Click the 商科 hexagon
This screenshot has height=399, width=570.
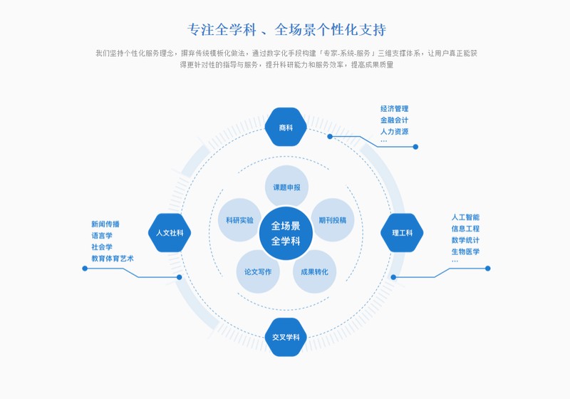click(286, 128)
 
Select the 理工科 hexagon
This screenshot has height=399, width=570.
click(402, 232)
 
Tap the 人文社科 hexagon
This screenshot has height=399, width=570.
click(170, 232)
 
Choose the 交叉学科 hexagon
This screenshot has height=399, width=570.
click(286, 337)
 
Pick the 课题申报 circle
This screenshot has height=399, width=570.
click(286, 187)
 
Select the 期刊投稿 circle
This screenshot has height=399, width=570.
click(332, 220)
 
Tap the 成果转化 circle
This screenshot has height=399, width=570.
click(314, 271)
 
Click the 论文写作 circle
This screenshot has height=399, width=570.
click(258, 271)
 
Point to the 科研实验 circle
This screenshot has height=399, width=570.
click(239, 220)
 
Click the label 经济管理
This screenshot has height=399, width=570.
click(394, 109)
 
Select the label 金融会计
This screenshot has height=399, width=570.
click(394, 120)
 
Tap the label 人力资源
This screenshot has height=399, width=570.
click(394, 132)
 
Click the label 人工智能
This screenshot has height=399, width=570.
click(465, 217)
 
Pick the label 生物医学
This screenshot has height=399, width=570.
click(465, 252)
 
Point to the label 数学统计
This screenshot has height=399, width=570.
click(465, 240)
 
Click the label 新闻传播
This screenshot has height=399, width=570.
click(105, 224)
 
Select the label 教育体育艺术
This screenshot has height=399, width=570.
click(113, 258)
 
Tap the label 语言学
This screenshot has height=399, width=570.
click(102, 235)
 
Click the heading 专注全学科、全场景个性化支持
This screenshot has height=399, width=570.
click(286, 30)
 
